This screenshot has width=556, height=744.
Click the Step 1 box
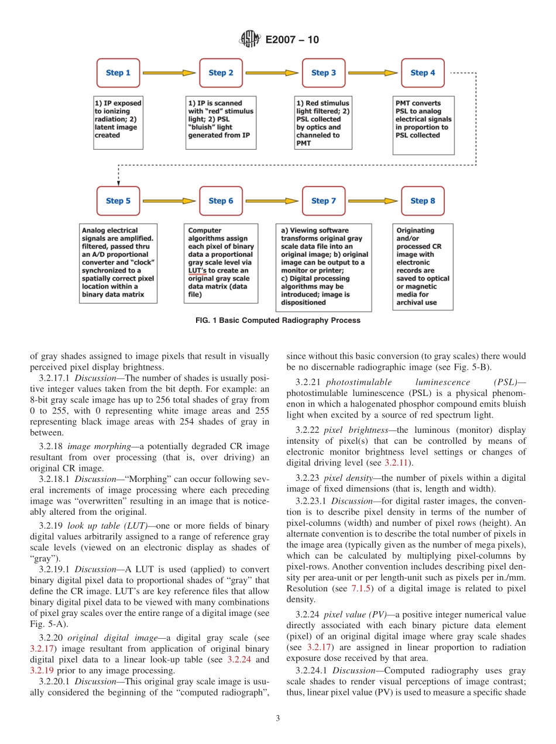(x=118, y=73)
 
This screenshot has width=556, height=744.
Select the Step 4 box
(x=423, y=73)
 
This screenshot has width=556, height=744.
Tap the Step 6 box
(x=221, y=201)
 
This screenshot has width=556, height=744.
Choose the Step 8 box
(x=423, y=201)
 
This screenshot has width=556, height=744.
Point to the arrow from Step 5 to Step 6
(x=169, y=201)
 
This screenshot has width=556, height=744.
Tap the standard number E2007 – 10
(x=292, y=40)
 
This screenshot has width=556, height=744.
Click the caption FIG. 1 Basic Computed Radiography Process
(x=278, y=321)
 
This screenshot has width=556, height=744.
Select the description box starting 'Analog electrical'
(x=118, y=263)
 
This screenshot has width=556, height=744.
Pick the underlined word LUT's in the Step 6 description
(x=197, y=271)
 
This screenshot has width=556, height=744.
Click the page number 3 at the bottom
(x=278, y=719)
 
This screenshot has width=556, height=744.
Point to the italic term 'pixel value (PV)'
(x=349, y=615)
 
